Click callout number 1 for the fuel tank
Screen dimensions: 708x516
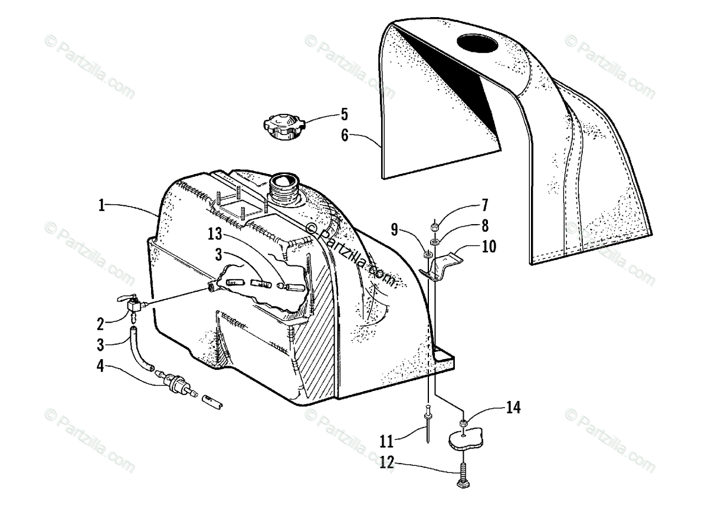[x=101, y=206]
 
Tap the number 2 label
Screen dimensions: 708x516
[x=101, y=323]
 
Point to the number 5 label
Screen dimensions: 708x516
[x=344, y=114]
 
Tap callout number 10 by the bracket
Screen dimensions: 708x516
[x=489, y=246]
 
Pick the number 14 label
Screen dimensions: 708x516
[x=512, y=407]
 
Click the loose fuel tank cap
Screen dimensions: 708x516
[x=281, y=126]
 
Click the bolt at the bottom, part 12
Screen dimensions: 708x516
[x=461, y=474]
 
